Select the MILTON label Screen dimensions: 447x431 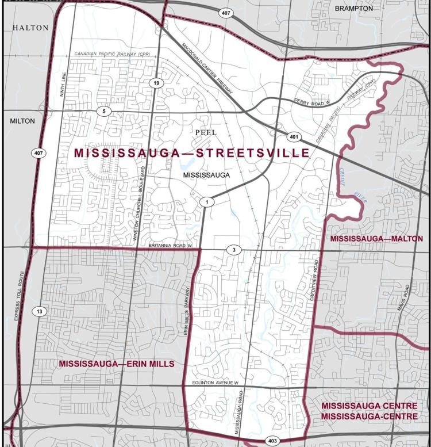[x=22, y=121]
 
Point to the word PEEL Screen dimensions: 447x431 [x=205, y=132]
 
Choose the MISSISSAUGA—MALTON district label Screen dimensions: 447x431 [x=375, y=238]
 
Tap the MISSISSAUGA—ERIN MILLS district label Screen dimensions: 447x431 [x=117, y=365]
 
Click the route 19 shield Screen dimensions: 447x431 [x=155, y=84]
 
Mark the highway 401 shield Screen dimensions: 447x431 [x=293, y=137]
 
